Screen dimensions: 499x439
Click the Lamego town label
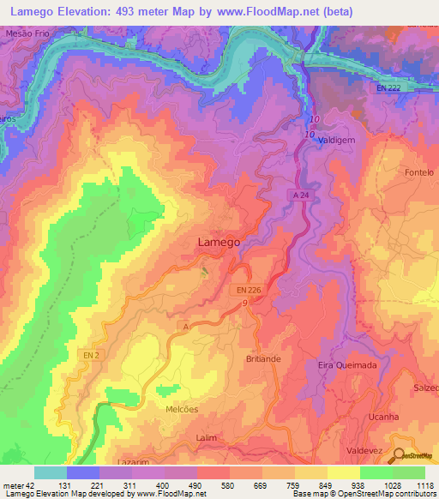coord(219,243)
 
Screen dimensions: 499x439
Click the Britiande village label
coord(263,358)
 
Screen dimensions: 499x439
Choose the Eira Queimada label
coord(347,364)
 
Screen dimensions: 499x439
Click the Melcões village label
coord(181,409)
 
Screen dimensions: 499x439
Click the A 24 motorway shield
coord(297,195)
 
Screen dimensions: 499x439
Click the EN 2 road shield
coord(93,354)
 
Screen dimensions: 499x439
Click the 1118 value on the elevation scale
coord(422,485)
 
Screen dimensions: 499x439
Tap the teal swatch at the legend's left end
coord(50,472)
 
